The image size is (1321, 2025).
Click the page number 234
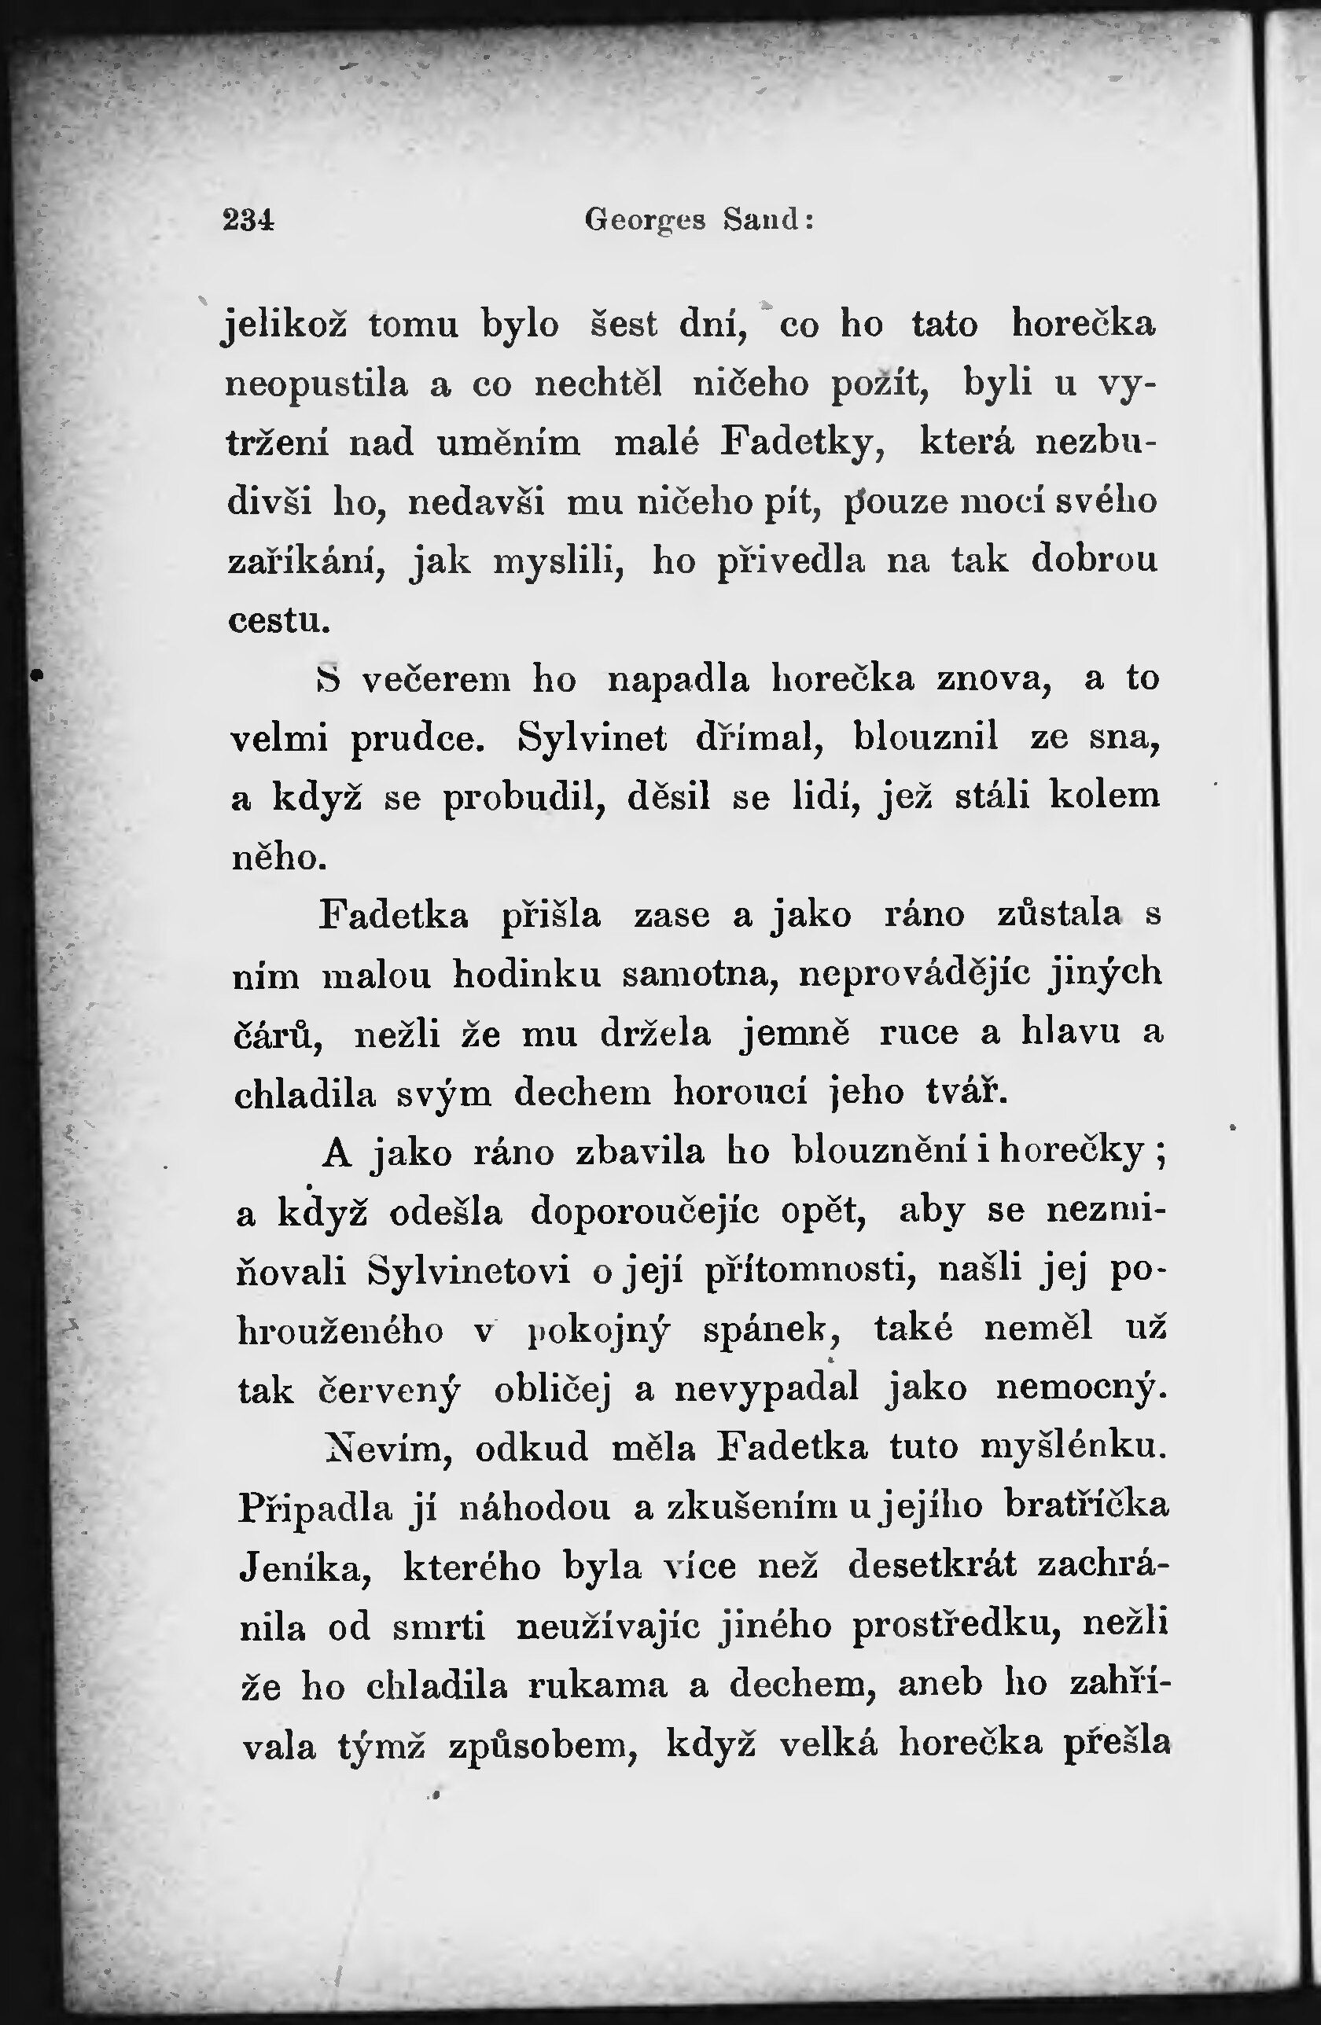coord(248,220)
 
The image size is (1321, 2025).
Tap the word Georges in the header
coord(646,221)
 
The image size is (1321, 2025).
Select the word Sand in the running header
coord(762,220)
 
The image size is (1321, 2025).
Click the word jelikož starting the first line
coord(285,327)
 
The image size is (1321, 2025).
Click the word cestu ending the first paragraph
coord(278,620)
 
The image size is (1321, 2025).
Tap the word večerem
coord(436,680)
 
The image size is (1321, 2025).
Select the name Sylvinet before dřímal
coord(593,738)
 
